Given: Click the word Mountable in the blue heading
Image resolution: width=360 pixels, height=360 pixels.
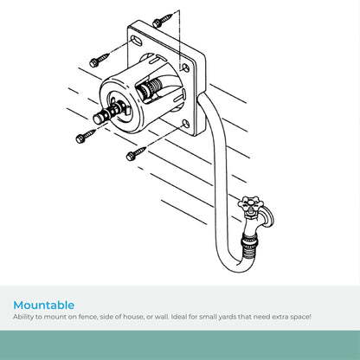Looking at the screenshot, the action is point(44,305).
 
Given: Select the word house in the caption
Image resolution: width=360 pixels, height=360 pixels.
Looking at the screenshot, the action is point(133,317).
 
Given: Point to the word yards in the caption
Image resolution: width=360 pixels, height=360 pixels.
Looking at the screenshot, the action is point(228,317).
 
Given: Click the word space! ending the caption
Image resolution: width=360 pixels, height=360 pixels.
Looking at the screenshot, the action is point(301,317).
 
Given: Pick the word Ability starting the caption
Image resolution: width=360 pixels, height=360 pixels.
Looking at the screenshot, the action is point(23,317).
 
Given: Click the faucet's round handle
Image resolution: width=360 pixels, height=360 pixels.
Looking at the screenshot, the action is point(249,203).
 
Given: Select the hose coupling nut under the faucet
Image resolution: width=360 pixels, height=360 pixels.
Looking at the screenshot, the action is point(249,239).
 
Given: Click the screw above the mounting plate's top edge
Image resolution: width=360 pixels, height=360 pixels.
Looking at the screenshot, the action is point(164,20).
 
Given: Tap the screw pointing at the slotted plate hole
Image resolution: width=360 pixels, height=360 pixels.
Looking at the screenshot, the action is point(100,60).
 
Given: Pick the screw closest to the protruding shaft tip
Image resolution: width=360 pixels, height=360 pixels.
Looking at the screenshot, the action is point(86,136).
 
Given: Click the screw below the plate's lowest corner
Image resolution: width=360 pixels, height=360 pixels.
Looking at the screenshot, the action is point(136,154).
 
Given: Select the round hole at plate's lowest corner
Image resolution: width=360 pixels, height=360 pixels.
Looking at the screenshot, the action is point(186,125).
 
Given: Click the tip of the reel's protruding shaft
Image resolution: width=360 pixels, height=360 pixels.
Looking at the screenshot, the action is point(98,119).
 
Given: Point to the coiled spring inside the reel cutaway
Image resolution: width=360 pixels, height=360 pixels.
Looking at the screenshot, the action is point(152,87).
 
